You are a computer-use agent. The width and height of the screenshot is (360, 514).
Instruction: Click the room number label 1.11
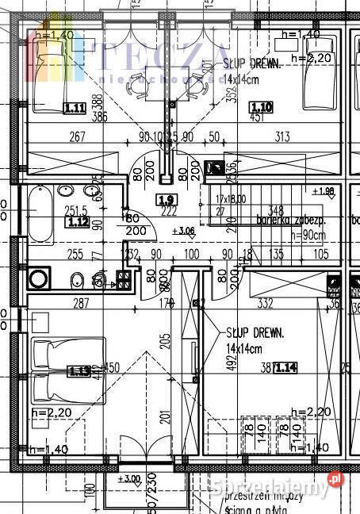(x=75, y=108)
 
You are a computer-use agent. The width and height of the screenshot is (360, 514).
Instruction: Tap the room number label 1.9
(x=166, y=200)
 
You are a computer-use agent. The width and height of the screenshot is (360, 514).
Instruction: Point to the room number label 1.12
(x=79, y=222)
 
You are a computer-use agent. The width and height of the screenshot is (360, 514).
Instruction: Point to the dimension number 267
(x=77, y=136)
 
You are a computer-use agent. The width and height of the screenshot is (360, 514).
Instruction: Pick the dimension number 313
(x=281, y=136)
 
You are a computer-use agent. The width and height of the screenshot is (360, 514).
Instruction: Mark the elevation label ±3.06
(x=183, y=231)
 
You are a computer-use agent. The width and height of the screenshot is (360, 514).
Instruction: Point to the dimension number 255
(x=75, y=255)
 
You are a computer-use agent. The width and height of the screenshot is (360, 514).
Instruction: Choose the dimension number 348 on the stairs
(x=275, y=210)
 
